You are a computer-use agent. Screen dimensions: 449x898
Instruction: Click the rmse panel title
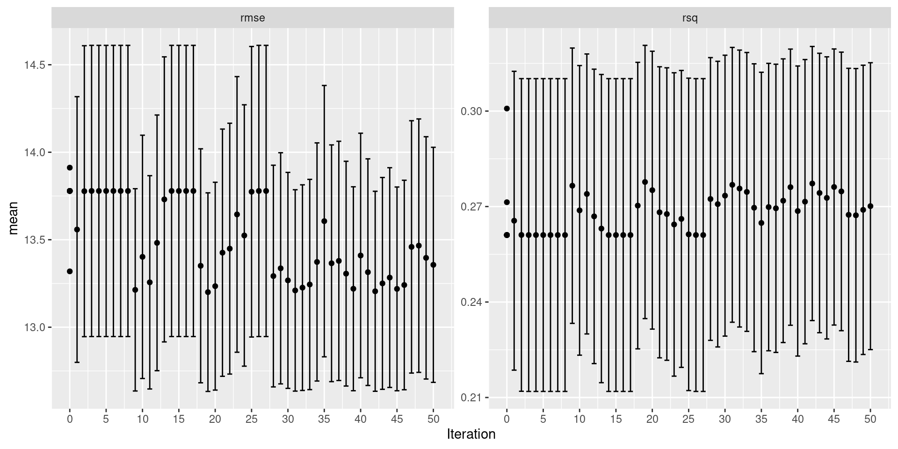252,18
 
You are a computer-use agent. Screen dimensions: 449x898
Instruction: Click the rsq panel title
690,18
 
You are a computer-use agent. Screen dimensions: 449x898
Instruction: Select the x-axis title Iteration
471,434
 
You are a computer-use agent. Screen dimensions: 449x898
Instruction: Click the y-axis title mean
14,217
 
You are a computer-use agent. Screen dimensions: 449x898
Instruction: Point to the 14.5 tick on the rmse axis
36,65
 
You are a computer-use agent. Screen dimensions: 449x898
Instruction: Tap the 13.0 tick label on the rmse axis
36,327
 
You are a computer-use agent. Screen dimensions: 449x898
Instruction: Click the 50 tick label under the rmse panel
433,419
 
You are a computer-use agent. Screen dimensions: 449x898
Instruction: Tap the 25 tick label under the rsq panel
688,419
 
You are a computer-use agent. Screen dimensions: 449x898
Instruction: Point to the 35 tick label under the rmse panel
324,419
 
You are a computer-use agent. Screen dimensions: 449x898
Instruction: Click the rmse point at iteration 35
324,221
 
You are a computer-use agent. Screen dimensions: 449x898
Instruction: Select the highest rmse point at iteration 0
70,167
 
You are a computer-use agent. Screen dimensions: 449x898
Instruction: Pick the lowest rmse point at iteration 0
70,271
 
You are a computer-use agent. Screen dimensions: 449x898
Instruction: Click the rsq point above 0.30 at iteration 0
507,109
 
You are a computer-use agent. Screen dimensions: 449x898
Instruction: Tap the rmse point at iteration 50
433,265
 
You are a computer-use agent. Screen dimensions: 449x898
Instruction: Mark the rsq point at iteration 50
870,206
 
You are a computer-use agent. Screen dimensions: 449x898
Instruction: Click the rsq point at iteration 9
572,186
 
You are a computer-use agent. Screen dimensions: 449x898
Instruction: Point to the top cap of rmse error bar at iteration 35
324,86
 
